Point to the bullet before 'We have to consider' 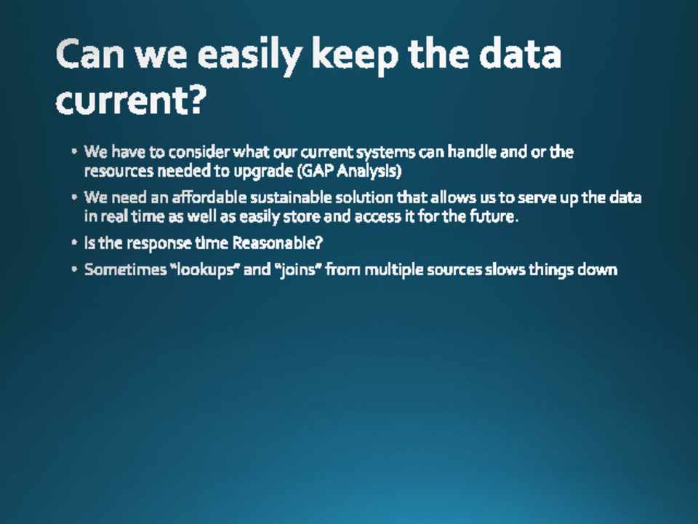point(74,151)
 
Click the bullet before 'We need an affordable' point(74,196)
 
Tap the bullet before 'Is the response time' point(74,242)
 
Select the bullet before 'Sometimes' point(74,269)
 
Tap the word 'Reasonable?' point(278,243)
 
